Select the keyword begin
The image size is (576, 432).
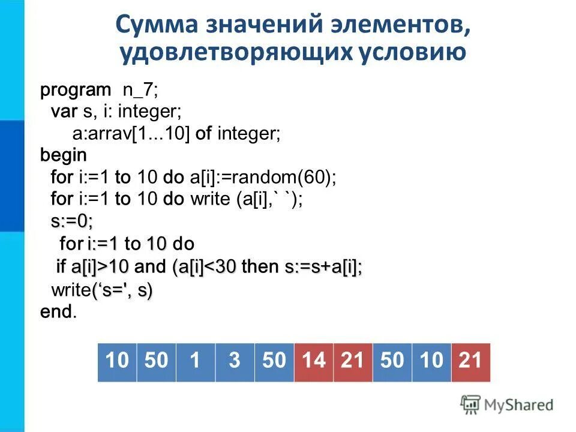63,155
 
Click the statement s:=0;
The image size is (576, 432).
72,221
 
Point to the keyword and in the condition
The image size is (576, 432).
153,266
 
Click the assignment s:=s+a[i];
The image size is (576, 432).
323,266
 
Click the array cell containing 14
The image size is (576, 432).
313,361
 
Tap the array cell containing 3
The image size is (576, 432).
235,361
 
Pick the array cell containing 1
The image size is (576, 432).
195,361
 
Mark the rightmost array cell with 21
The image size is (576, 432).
470,361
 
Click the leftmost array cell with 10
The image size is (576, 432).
117,361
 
